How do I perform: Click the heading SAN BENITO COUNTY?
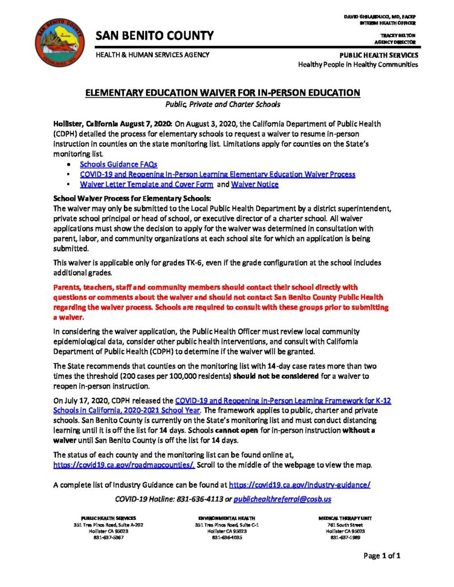[154, 36]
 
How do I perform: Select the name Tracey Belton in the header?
[402, 36]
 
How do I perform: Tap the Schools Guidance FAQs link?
[118, 164]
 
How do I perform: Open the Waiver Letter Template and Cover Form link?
[147, 185]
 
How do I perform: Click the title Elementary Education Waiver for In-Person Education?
[223, 93]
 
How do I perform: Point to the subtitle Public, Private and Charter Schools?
[223, 104]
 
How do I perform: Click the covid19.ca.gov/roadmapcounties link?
[124, 464]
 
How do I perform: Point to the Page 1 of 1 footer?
[382, 555]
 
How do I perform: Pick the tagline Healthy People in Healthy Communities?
[358, 65]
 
